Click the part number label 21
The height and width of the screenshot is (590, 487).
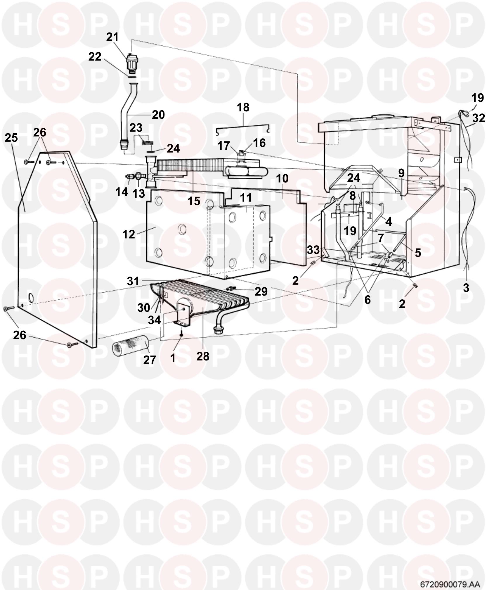[x=112, y=37]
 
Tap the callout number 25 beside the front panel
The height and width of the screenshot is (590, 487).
[x=11, y=138]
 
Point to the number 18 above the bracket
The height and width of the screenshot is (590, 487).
[x=243, y=107]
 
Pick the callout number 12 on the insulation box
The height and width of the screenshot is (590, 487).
[x=129, y=234]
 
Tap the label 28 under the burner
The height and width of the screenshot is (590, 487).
[x=203, y=356]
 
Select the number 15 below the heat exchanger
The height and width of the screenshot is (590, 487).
[x=194, y=201]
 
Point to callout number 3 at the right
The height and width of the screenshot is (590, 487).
[x=466, y=287]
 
